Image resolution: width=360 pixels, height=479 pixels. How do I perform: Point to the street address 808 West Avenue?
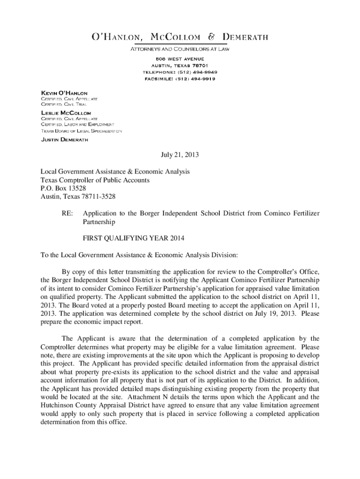(x=180, y=58)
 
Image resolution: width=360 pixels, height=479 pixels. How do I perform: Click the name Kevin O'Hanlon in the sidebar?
(x=64, y=93)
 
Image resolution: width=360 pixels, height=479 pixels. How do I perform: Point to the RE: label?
(x=67, y=213)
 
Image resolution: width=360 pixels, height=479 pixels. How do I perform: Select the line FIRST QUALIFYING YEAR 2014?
(x=134, y=238)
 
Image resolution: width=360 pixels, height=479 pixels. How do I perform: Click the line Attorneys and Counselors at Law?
(x=180, y=48)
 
